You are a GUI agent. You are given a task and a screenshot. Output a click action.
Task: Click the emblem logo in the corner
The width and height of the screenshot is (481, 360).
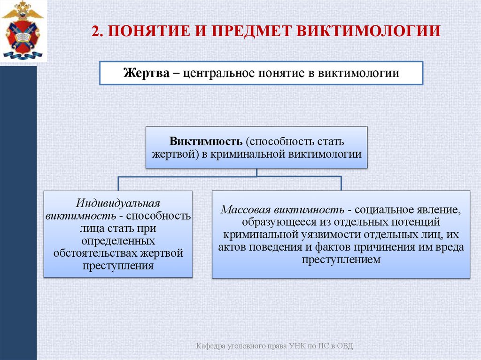pyautogui.click(x=23, y=31)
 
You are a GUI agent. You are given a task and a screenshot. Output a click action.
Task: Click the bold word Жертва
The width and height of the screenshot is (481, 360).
pyautogui.click(x=144, y=74)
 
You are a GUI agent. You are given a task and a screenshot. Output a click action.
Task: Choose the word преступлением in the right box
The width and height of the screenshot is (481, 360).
pyautogui.click(x=341, y=260)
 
